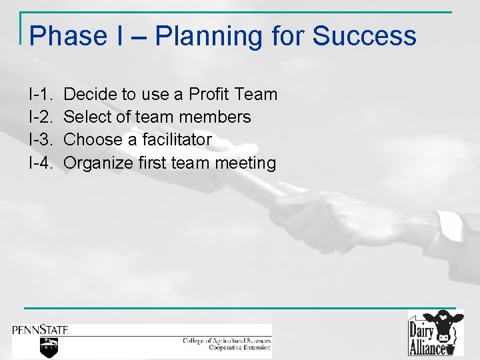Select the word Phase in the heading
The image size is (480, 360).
click(x=67, y=35)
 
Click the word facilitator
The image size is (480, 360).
click(x=175, y=140)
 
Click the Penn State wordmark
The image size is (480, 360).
click(x=40, y=329)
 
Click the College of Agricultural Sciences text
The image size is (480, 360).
click(x=227, y=341)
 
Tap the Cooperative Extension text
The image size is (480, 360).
click(x=239, y=347)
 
